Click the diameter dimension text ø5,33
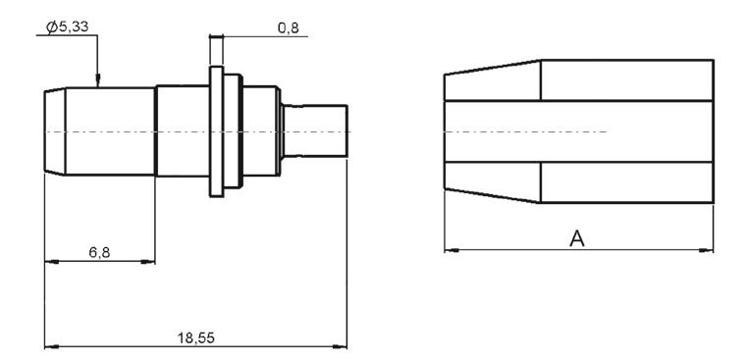(67, 27)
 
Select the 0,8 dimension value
(289, 28)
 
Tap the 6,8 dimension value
(99, 253)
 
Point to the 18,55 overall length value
(196, 338)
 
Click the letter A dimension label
(577, 239)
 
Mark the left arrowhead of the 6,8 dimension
(52, 261)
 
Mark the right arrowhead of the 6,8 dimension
(148, 261)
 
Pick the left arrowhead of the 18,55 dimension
(52, 346)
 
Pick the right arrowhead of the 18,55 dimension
(340, 346)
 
